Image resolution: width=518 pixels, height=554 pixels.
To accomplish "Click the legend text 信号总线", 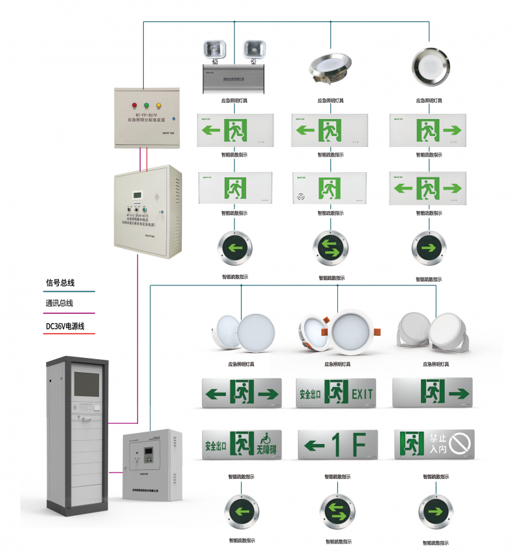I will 60,283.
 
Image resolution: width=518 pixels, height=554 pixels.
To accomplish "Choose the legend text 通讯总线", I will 60,304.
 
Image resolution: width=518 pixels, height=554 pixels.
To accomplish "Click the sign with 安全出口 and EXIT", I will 336,392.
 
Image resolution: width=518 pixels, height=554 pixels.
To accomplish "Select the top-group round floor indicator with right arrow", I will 428,247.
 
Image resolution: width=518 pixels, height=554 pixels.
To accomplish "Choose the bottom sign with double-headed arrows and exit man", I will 242,392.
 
